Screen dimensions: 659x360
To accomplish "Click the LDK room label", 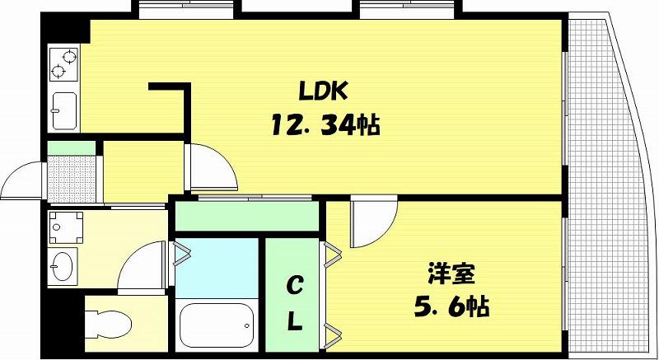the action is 323,91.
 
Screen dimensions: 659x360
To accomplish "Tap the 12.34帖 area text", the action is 325,125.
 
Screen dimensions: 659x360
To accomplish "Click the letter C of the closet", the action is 295,287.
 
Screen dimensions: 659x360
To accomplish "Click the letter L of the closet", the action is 295,322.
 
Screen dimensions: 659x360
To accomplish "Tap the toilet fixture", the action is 109,324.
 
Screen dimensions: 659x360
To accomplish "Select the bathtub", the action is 217,325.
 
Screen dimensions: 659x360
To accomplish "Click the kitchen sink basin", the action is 64,110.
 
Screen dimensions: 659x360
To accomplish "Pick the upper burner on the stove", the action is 69,56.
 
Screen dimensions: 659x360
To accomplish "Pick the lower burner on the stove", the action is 58,72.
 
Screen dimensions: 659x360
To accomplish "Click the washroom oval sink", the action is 62,266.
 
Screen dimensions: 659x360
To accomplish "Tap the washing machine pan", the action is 66,227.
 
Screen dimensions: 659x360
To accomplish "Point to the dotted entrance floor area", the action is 72,179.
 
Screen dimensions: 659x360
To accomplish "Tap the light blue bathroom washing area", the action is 217,268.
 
